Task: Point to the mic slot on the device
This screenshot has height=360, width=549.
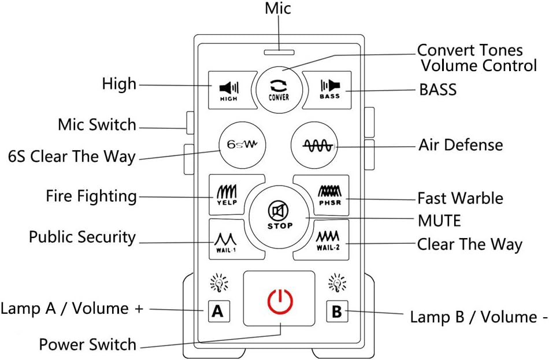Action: click(x=279, y=52)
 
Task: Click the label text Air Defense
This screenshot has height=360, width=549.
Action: click(x=461, y=144)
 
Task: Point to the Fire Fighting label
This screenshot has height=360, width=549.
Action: click(x=91, y=196)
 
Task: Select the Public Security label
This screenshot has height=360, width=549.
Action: click(x=82, y=237)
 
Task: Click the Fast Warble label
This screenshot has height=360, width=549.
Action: click(x=460, y=198)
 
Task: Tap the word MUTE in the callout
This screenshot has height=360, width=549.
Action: click(x=439, y=220)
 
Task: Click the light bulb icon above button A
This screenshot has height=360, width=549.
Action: click(x=219, y=283)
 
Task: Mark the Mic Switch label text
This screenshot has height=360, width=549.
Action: click(x=97, y=124)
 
